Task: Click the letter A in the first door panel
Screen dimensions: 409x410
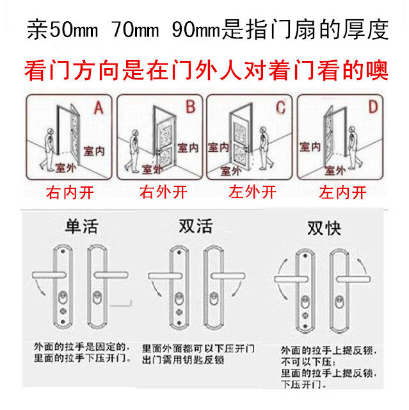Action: click(98, 108)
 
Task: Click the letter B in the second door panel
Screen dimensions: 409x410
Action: click(190, 107)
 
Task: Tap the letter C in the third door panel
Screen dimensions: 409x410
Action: click(280, 108)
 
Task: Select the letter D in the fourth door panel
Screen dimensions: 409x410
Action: click(372, 106)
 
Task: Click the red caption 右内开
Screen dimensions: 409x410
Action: click(70, 192)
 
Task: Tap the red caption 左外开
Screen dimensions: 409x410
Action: click(253, 192)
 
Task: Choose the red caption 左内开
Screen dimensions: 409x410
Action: click(343, 192)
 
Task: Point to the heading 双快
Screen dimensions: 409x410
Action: click(325, 229)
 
